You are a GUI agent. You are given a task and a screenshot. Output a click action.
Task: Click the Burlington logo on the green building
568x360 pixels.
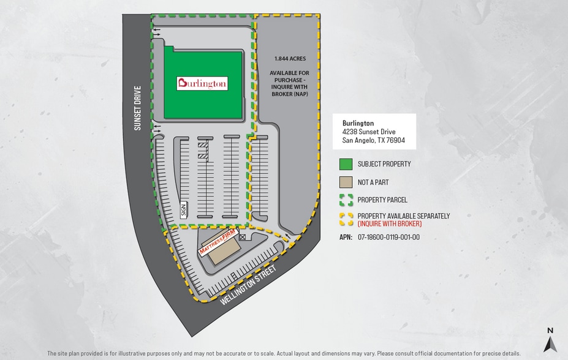click(202, 83)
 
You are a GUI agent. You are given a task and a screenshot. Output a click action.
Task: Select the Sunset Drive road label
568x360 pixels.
click(138, 108)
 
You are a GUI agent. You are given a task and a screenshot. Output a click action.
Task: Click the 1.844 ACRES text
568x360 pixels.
click(290, 59)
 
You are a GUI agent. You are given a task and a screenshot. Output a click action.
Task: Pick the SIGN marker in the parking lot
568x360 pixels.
click(183, 210)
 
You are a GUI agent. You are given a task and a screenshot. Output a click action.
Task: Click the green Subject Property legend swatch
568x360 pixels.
click(346, 164)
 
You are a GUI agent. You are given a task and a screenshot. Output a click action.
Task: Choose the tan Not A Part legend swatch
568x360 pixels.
click(346, 182)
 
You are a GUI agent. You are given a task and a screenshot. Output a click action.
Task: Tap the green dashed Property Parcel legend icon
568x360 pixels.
click(346, 200)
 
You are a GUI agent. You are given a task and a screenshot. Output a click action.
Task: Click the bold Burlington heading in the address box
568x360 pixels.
click(358, 123)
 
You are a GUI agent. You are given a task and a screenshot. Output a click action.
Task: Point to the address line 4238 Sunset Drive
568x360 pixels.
click(369, 132)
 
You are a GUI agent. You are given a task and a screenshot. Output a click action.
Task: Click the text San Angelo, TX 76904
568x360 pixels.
click(373, 140)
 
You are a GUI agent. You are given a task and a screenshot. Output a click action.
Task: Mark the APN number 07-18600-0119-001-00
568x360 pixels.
click(388, 237)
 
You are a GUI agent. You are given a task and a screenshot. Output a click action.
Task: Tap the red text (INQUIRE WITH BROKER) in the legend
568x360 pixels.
click(390, 223)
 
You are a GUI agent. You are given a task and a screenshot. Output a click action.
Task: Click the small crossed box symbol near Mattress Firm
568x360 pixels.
click(242, 236)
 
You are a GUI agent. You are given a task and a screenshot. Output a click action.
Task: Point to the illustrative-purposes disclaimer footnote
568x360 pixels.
click(284, 353)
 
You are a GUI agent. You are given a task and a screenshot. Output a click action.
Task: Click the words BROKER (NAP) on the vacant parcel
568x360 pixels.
click(289, 94)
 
